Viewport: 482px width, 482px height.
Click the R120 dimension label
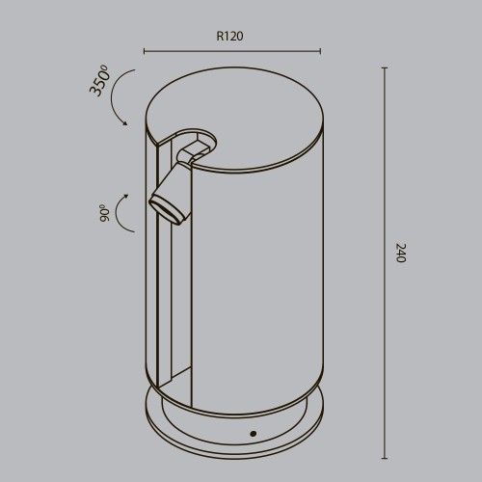(229, 37)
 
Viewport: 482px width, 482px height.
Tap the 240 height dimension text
(400, 254)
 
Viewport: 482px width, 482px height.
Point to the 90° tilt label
(103, 212)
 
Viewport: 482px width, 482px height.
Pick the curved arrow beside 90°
(123, 212)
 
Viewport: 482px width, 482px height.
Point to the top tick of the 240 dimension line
(385, 68)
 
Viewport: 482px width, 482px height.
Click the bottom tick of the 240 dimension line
(385, 456)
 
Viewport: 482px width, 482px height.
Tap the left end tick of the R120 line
(144, 51)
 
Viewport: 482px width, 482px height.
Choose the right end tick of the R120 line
(321, 51)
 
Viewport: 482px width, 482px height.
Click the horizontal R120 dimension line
(231, 51)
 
